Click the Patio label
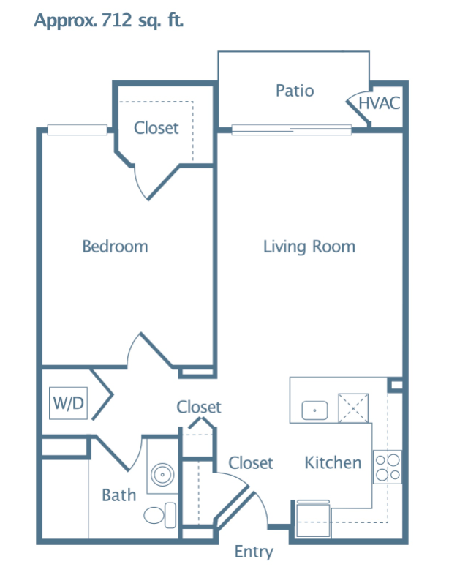(295, 91)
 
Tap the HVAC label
(380, 103)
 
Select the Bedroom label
(116, 247)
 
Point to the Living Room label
(309, 247)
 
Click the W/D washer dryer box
(68, 403)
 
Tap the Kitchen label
(333, 462)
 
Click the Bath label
(119, 495)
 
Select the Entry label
(254, 552)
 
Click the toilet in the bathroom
(160, 515)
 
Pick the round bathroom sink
(162, 474)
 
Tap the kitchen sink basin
(314, 410)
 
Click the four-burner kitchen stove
(387, 467)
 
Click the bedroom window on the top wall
(77, 129)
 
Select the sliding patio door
(291, 129)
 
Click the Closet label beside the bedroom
(156, 128)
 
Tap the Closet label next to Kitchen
(251, 463)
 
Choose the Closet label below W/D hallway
(198, 408)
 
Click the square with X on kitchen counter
(353, 408)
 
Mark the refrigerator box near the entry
(313, 519)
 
